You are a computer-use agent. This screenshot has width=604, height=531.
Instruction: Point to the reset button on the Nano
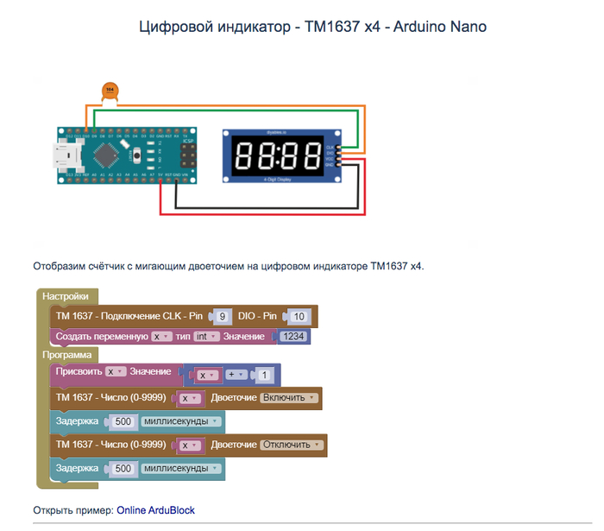[x=139, y=156]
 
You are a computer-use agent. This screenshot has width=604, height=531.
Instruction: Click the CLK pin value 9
[x=222, y=316]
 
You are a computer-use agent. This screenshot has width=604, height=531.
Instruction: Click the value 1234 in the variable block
[x=293, y=336]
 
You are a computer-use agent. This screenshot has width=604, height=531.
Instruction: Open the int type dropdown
[x=204, y=336]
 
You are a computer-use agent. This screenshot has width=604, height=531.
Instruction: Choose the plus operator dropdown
[x=236, y=375]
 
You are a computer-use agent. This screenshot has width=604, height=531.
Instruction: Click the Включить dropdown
[x=290, y=398]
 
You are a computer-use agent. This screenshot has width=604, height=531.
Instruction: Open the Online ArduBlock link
[x=155, y=510]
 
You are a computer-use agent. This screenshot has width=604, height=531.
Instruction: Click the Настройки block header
[x=65, y=296]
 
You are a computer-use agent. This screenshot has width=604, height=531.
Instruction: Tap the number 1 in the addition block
[x=265, y=375]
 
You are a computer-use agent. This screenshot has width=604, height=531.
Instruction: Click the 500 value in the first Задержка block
[x=123, y=421]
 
